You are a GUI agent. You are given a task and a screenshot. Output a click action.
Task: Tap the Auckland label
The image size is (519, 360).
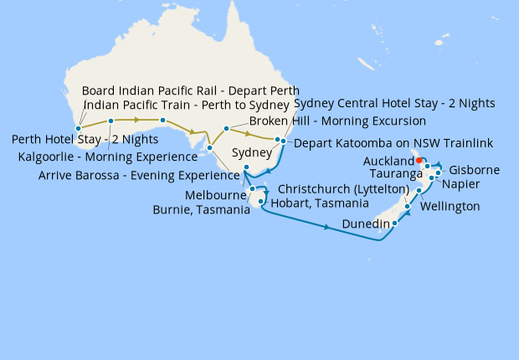point(389,160)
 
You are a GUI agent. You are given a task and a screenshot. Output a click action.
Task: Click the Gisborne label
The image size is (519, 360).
point(475,170)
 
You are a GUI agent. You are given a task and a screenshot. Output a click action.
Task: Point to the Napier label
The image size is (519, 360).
point(460,183)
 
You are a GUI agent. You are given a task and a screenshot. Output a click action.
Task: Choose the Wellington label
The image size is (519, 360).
point(450,206)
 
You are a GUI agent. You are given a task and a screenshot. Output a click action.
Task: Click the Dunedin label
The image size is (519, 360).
point(367,224)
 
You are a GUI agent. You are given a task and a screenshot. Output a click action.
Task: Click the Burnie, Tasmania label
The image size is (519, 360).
point(201,210)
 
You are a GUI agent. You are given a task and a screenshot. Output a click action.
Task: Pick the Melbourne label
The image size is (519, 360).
point(213,195)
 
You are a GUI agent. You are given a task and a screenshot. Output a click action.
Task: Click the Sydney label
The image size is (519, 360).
point(251,153)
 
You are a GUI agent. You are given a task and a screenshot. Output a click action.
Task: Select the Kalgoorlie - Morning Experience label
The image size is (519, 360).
point(108,157)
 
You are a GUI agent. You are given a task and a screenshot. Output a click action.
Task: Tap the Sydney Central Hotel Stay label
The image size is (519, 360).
point(394,104)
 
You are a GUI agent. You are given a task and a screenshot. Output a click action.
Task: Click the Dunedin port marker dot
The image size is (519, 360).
point(394,224)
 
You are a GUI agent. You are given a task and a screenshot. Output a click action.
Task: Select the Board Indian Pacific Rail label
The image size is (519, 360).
point(190,90)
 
